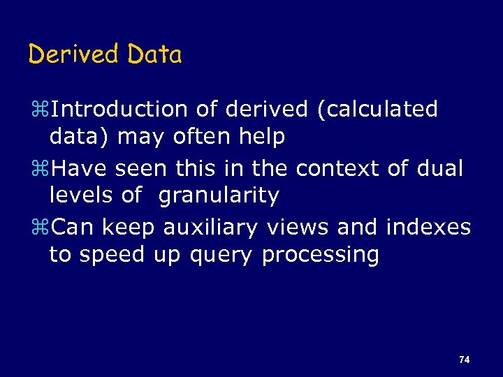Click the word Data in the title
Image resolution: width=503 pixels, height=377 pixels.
[154, 54]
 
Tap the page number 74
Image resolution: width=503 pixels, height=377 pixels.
[465, 360]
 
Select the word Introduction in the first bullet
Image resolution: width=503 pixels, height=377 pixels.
[119, 110]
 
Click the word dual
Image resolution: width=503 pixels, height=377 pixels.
[439, 168]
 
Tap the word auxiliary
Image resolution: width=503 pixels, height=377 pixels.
[210, 228]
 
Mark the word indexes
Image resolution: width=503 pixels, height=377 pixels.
[428, 227]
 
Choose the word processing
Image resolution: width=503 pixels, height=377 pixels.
[320, 256]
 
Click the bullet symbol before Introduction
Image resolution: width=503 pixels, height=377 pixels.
[39, 110]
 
